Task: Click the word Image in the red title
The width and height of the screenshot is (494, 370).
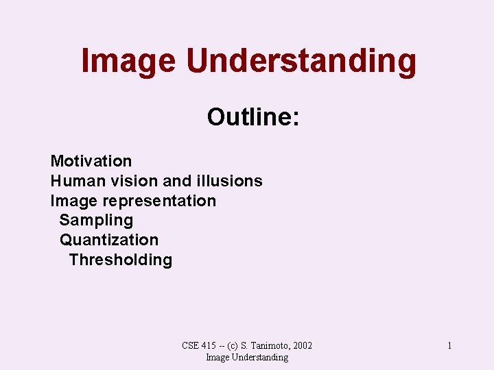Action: point(128,61)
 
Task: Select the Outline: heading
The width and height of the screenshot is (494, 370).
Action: point(253,117)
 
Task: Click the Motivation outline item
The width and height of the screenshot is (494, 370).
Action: point(91,161)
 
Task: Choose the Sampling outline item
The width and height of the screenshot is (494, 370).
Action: point(96,221)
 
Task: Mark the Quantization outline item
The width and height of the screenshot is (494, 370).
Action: point(109,240)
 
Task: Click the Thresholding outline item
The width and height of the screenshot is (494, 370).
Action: point(121,260)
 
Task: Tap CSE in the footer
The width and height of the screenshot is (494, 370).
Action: point(190,346)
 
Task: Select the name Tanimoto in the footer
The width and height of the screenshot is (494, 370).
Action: point(272,346)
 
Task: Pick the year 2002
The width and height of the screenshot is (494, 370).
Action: point(302,346)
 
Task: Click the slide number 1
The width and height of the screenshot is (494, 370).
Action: point(449,346)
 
